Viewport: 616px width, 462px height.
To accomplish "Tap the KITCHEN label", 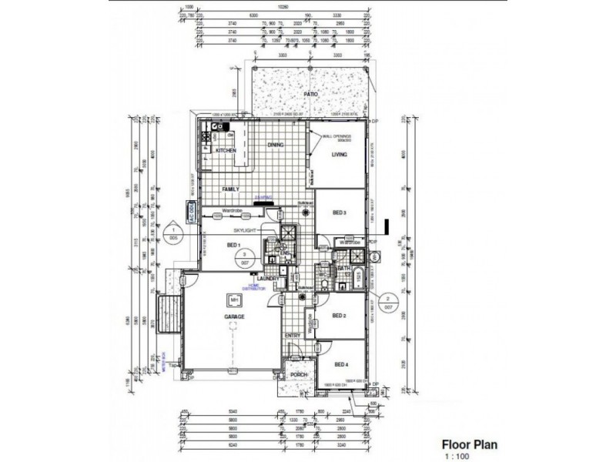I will pyautogui.click(x=225, y=150).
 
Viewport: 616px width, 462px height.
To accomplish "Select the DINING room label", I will pyautogui.click(x=276, y=144).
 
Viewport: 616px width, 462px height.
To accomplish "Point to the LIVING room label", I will pyautogui.click(x=340, y=155).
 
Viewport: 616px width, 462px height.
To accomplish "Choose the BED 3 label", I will pyautogui.click(x=340, y=213).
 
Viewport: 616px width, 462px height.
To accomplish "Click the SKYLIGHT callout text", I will pyautogui.click(x=238, y=229).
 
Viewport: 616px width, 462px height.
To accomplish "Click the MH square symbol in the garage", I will pyautogui.click(x=232, y=300).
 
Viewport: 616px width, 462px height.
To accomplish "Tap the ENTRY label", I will pyautogui.click(x=293, y=336).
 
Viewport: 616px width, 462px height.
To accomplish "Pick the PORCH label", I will pyautogui.click(x=298, y=375).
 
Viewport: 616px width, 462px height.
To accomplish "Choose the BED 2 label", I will pyautogui.click(x=340, y=316).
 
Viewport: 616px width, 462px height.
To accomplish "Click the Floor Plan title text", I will pyautogui.click(x=468, y=444).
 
